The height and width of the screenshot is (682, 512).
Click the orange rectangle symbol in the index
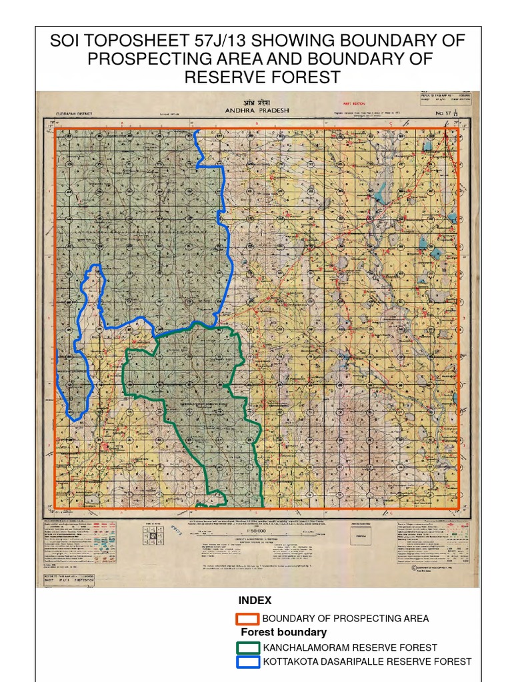247,619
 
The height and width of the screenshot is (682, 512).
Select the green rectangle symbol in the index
247,647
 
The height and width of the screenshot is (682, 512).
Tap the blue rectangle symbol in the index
247,661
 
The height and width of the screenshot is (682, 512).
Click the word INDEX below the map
255,601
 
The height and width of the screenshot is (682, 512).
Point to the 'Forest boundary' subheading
283,632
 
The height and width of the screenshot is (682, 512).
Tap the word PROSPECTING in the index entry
365,619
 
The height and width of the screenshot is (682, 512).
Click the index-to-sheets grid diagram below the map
153,534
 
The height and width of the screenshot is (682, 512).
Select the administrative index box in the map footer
363,533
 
